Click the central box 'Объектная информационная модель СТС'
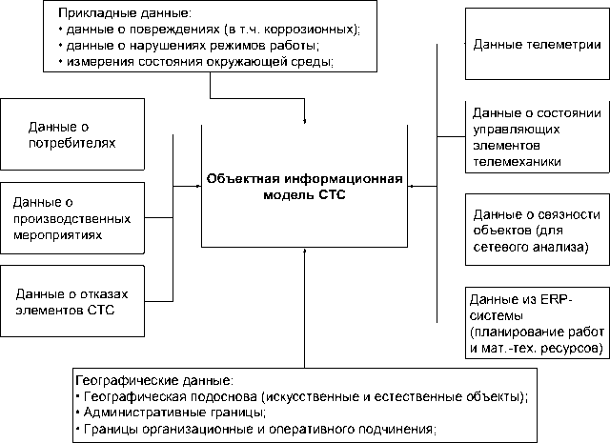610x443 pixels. coord(306,185)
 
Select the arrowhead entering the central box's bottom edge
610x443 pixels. coord(304,251)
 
